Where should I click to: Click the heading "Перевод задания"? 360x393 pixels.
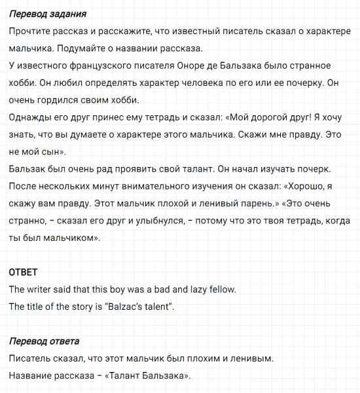click(x=48, y=14)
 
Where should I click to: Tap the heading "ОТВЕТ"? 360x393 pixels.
click(x=24, y=272)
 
